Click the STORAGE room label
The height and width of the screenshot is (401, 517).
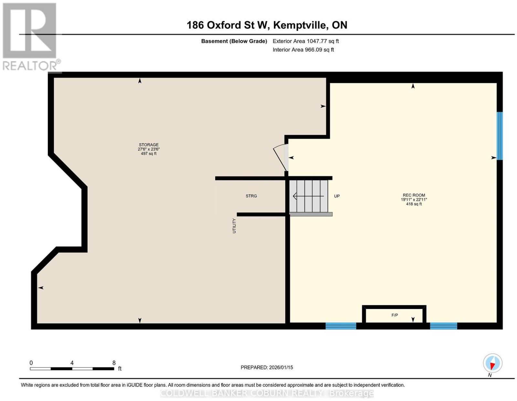coord(148,145)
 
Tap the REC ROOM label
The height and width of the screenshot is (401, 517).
coord(414,195)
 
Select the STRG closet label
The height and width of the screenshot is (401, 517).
coord(251,196)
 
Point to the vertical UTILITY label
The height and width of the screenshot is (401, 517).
coord(234,226)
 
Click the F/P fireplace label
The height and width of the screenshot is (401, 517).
coord(395,315)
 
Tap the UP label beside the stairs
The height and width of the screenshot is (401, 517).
coord(337,196)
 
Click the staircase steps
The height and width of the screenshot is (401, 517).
coord(309,196)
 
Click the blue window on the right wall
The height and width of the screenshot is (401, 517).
coord(500,136)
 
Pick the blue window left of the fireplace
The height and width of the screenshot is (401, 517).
coord(341,326)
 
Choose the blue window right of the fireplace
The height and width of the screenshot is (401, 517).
coord(443,326)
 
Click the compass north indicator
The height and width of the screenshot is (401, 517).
coord(492,363)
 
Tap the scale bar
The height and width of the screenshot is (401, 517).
coord(72,368)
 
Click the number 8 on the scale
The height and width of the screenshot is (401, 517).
coord(114,363)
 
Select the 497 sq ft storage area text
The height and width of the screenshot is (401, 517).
coord(148,153)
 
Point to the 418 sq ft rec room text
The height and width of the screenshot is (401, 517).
coord(414,204)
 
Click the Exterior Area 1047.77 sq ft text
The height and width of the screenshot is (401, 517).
coord(306,41)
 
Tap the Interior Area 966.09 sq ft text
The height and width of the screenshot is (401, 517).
coord(303,50)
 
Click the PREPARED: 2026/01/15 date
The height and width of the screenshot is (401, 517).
coord(267,367)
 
